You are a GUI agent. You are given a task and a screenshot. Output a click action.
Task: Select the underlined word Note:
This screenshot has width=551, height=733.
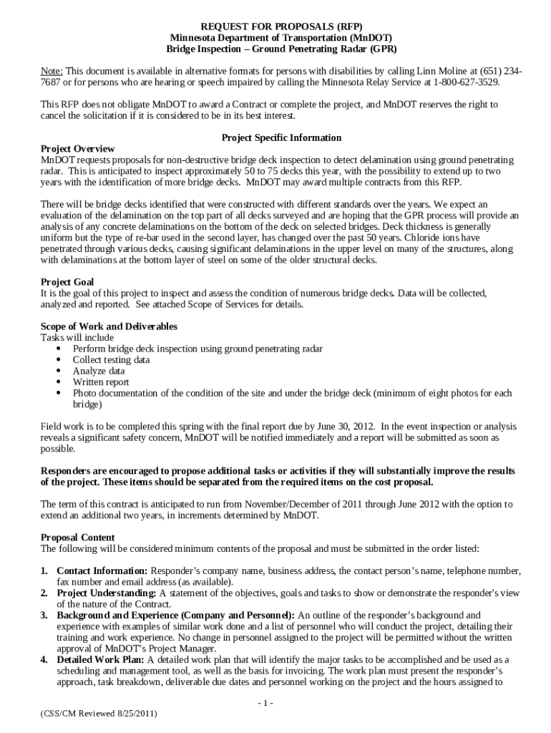pos(52,71)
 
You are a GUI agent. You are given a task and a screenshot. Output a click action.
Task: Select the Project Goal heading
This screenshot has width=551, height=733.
pos(67,282)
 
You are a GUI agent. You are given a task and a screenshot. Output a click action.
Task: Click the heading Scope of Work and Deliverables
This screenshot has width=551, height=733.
pos(109,326)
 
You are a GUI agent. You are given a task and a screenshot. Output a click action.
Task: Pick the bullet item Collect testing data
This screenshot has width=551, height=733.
pos(111,360)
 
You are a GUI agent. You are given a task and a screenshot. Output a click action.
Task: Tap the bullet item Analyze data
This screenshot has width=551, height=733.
pos(98,371)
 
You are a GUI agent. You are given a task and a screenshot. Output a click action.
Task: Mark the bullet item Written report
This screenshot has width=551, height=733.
pos(100,382)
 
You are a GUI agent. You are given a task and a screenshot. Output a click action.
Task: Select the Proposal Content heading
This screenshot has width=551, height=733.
pos(77,538)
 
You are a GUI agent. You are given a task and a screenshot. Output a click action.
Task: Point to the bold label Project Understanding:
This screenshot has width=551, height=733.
pos(107,593)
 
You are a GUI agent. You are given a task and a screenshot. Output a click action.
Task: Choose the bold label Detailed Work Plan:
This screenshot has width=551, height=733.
pos(101,660)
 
